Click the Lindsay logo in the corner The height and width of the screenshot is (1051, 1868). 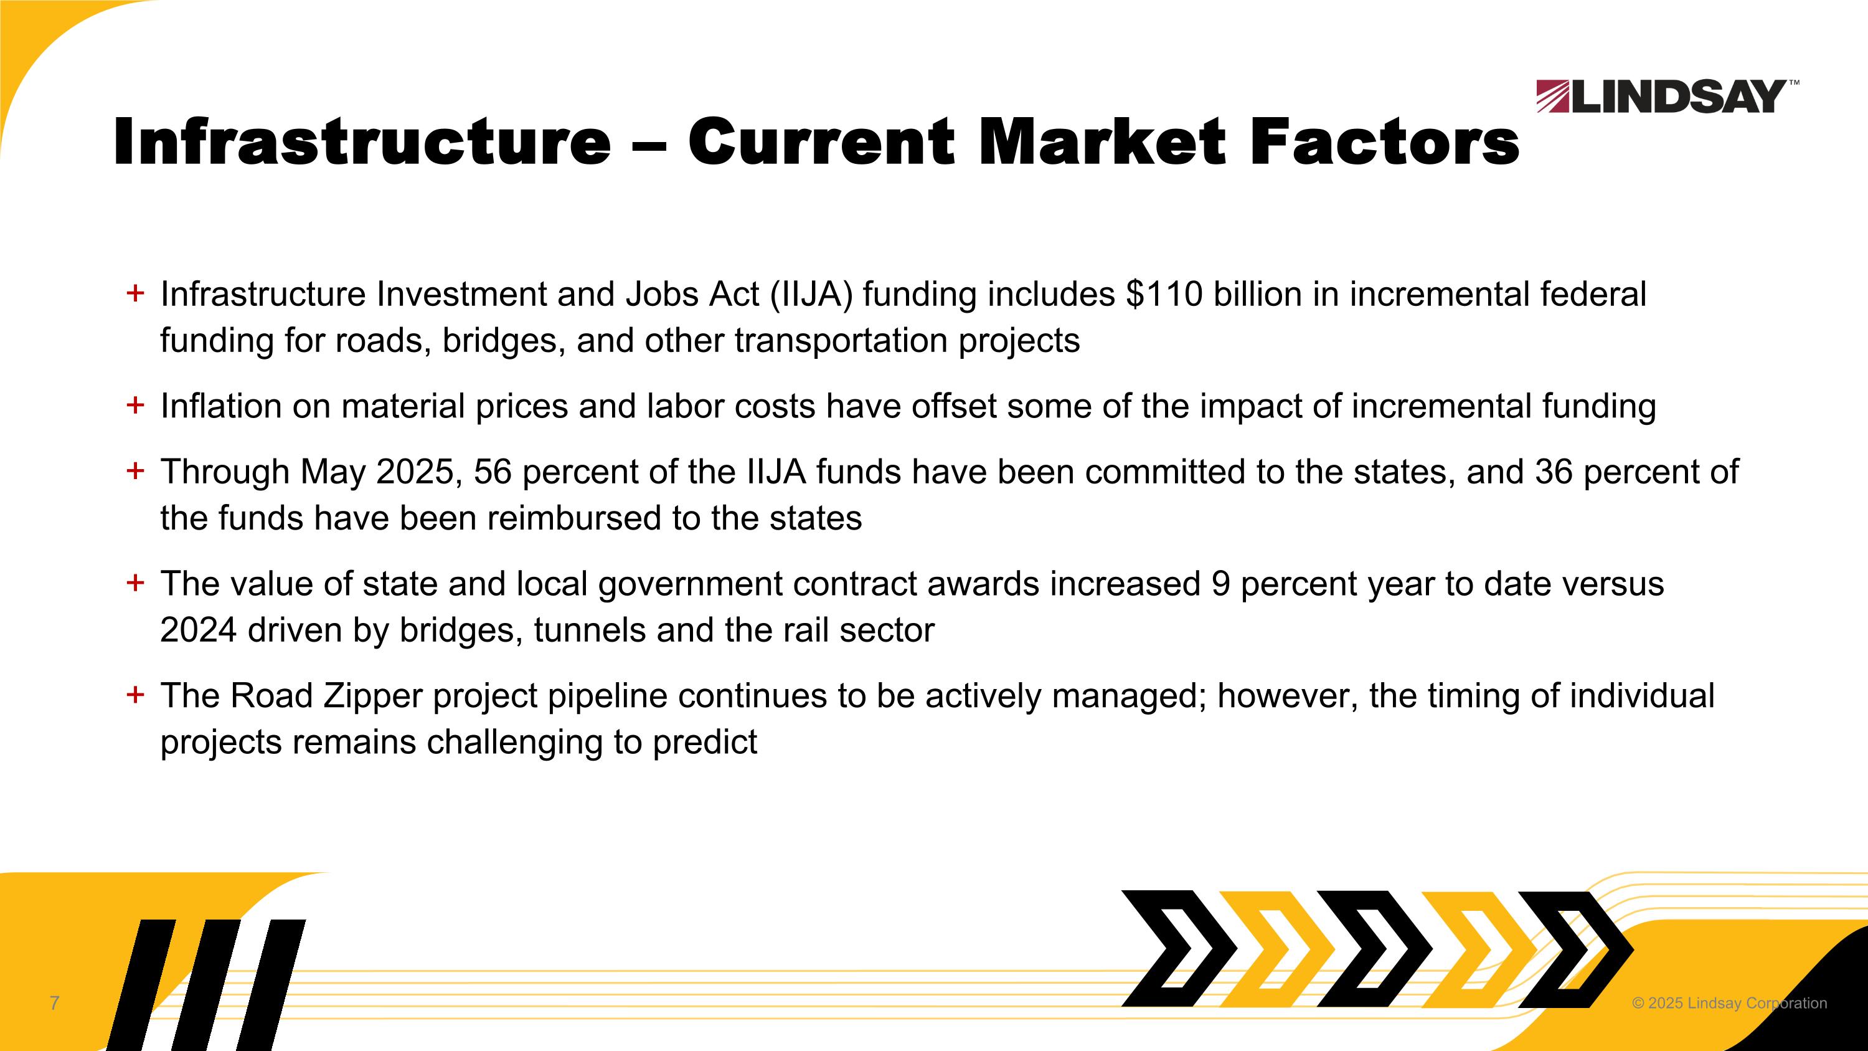(1666, 97)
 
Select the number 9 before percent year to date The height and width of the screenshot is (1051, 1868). (1220, 584)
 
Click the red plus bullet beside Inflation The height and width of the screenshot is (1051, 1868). (135, 406)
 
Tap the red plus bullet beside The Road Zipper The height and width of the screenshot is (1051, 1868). (135, 695)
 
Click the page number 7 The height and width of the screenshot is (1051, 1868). (54, 1003)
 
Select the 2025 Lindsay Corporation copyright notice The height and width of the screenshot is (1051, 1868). (1729, 1003)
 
